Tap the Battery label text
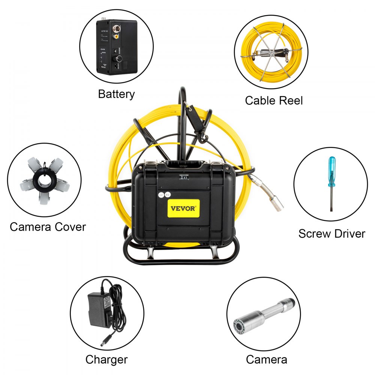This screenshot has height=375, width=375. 116,94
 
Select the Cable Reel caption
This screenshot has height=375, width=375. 274,100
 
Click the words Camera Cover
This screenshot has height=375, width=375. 48,227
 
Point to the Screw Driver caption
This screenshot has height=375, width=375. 331,234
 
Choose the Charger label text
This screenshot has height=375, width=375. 106,360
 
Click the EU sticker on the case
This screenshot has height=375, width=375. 168,195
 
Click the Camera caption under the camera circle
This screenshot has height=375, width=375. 266,359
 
